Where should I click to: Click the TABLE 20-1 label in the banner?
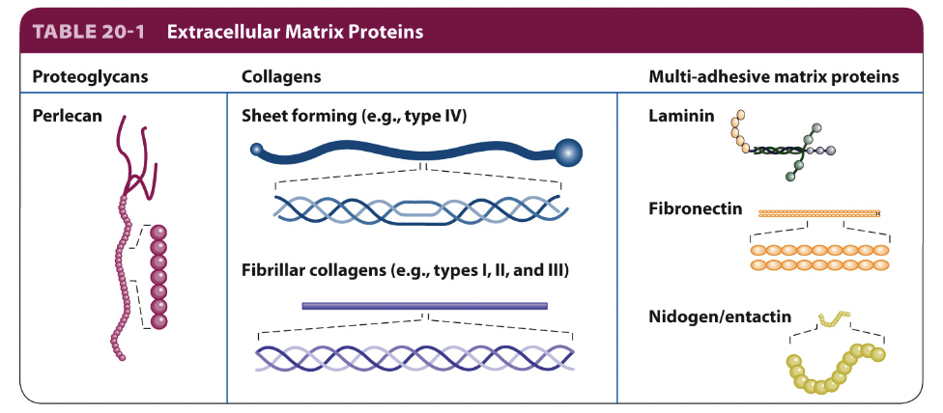click(x=89, y=31)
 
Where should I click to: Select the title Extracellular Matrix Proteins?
click(x=295, y=31)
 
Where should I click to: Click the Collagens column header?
click(x=281, y=76)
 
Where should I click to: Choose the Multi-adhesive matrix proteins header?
click(x=774, y=76)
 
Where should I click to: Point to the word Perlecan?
click(x=64, y=116)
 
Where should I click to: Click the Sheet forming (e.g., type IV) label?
click(x=354, y=116)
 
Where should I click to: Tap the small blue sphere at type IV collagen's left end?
click(x=256, y=149)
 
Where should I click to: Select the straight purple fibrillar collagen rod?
click(x=424, y=306)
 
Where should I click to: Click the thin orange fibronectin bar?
click(x=819, y=213)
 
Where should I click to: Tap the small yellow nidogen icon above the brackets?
click(x=833, y=317)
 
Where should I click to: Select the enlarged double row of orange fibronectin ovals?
click(x=819, y=257)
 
